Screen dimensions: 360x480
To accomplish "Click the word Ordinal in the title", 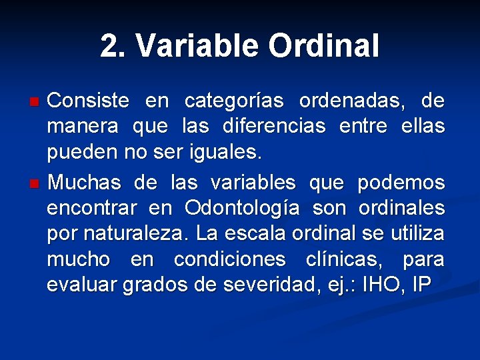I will [x=324, y=46].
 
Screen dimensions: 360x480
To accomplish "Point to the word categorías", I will [x=233, y=101].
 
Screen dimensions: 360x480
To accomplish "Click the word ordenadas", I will [x=353, y=101].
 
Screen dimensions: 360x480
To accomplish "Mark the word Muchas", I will [x=85, y=181].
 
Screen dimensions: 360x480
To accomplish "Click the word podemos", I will [x=400, y=181].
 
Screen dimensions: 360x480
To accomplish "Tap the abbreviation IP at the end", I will [x=421, y=285].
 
